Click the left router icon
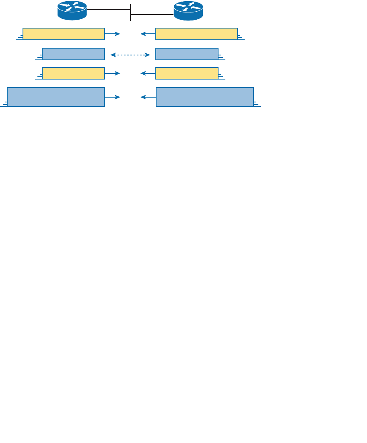[72, 11]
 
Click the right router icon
[188, 11]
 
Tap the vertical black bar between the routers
[130, 12]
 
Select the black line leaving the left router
[108, 10]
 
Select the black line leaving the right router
[152, 15]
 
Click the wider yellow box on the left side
[64, 34]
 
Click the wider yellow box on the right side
[196, 34]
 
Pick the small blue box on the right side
[187, 54]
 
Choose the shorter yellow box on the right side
[187, 73]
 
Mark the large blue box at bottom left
[56, 97]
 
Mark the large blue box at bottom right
[205, 97]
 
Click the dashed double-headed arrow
[130, 54]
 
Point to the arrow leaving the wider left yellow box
[112, 34]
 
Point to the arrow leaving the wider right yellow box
[148, 34]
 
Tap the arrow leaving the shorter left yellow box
[112, 73]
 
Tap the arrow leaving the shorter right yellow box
[148, 73]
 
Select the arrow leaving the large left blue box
[112, 97]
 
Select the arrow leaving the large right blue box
[148, 97]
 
